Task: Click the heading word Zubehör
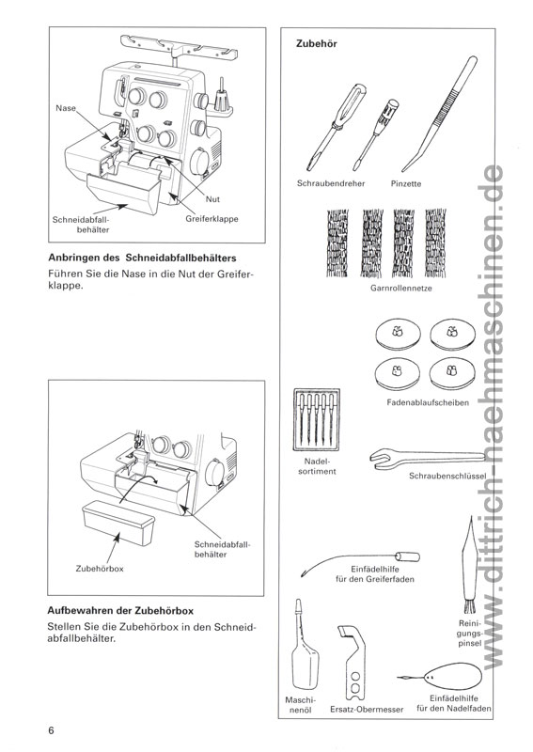(x=317, y=44)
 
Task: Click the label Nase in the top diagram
(x=65, y=108)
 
